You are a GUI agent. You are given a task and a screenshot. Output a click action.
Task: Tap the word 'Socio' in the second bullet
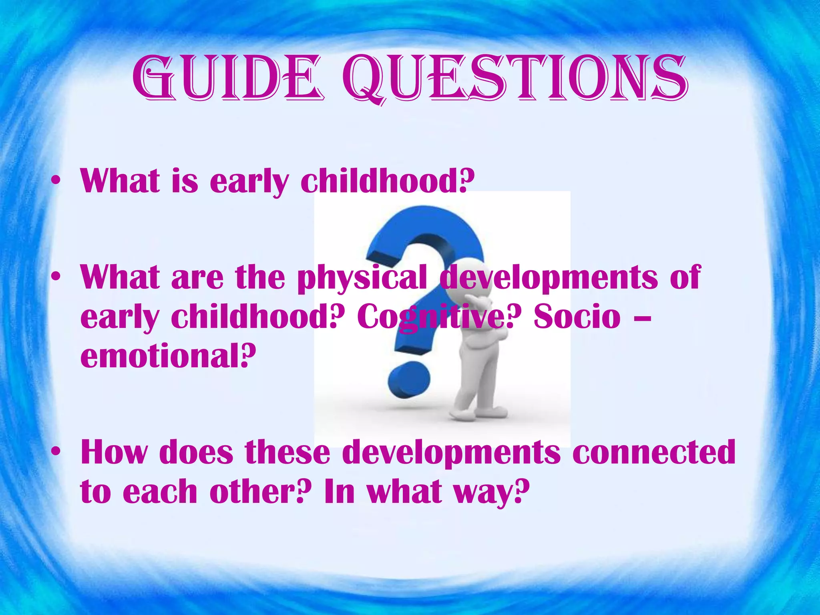click(577, 316)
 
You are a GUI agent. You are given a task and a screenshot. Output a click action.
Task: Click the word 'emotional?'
click(168, 356)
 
